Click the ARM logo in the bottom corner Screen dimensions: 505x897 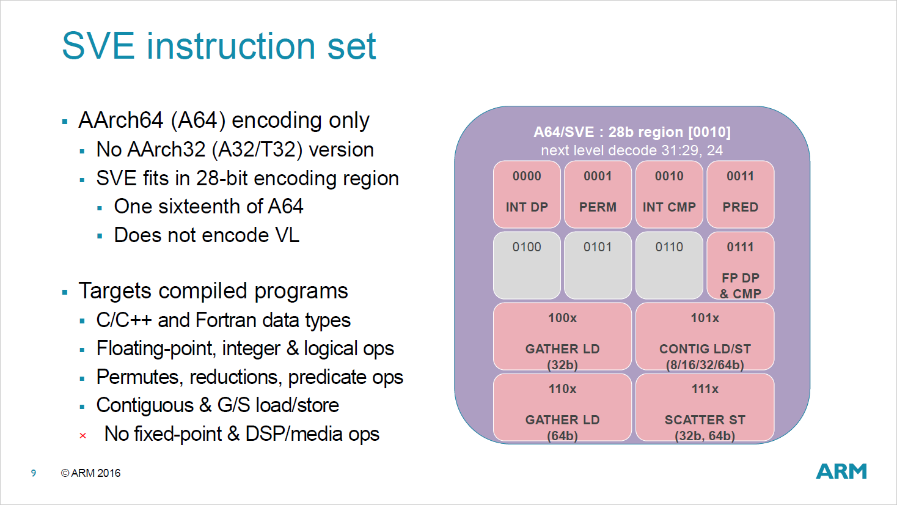click(x=841, y=471)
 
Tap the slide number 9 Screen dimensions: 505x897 click(x=34, y=473)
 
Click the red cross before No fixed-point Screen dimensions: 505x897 click(x=82, y=436)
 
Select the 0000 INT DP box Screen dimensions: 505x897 click(x=527, y=194)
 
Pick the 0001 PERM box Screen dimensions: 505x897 click(x=598, y=194)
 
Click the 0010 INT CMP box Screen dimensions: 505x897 click(x=669, y=194)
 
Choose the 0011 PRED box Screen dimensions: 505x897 click(x=740, y=194)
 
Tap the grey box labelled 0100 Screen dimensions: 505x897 click(x=527, y=265)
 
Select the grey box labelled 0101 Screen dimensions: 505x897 click(x=598, y=265)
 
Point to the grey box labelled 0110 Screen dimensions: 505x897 click(x=669, y=265)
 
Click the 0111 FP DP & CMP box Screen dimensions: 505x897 click(x=740, y=265)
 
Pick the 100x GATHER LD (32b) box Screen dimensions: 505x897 click(x=562, y=336)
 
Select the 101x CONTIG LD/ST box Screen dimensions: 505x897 click(x=705, y=336)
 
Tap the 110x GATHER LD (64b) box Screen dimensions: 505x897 click(x=562, y=407)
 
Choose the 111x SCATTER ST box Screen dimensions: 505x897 click(x=705, y=407)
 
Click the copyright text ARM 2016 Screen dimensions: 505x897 click(x=91, y=473)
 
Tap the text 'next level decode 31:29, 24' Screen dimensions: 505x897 click(x=632, y=150)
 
